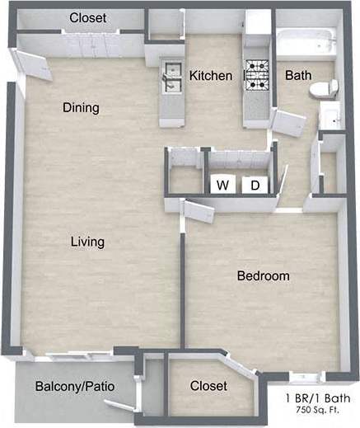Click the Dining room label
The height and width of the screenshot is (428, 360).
(81, 107)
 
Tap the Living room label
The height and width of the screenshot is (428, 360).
(87, 242)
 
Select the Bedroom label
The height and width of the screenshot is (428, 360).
(263, 275)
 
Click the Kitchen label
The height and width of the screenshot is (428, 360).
(210, 76)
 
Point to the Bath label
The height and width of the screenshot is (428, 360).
(297, 76)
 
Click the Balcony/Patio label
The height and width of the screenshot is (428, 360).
(74, 386)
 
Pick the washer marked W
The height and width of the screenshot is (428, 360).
(222, 185)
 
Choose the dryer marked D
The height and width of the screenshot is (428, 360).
(255, 185)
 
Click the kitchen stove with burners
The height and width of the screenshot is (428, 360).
(257, 75)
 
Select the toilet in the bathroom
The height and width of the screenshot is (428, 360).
(326, 87)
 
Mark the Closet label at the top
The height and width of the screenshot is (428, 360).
(86, 18)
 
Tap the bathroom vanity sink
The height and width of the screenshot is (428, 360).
(330, 117)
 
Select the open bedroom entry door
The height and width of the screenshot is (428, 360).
(196, 210)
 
